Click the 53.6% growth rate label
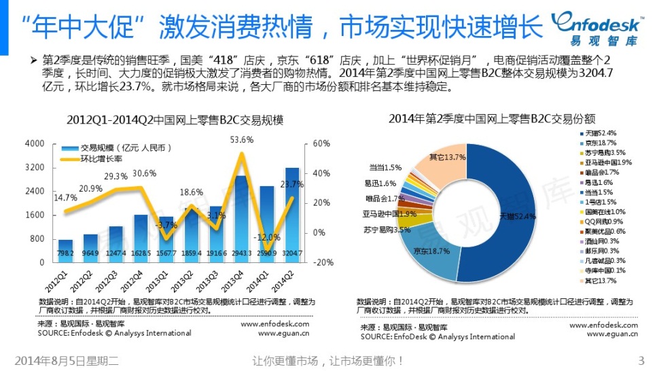pyautogui.click(x=242, y=140)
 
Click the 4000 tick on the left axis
pyautogui.click(x=34, y=144)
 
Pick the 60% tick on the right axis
pyautogui.click(x=321, y=144)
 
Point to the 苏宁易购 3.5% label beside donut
pyautogui.click(x=387, y=230)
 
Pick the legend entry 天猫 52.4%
pyautogui.click(x=596, y=132)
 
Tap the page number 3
pyautogui.click(x=641, y=360)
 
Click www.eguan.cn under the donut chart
pyautogui.click(x=612, y=334)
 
